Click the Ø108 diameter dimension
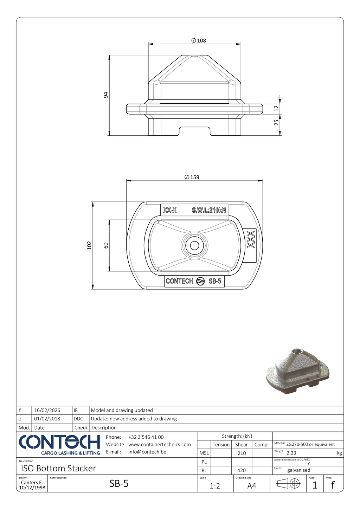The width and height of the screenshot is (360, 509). click(199, 40)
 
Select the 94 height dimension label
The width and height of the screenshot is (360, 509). click(106, 95)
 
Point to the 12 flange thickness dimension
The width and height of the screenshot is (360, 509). click(276, 108)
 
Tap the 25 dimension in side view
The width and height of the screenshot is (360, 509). click(276, 122)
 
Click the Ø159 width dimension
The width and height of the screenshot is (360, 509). click(192, 177)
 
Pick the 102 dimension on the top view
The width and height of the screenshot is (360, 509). click(89, 245)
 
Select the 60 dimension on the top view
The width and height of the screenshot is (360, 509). click(106, 245)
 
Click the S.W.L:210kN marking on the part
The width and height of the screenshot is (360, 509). click(209, 210)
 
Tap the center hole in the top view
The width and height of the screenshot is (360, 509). click(194, 245)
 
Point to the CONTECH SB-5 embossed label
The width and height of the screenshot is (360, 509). click(194, 281)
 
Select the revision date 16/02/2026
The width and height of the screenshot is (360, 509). click(47, 410)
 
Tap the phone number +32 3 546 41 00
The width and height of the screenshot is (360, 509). click(146, 437)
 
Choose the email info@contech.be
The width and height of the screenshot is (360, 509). click(147, 452)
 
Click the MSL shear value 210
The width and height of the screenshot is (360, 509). click(242, 453)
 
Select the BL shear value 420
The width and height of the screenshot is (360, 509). click(242, 470)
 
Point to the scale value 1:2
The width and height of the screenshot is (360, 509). click(215, 486)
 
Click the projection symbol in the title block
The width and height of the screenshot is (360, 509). click(289, 484)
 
